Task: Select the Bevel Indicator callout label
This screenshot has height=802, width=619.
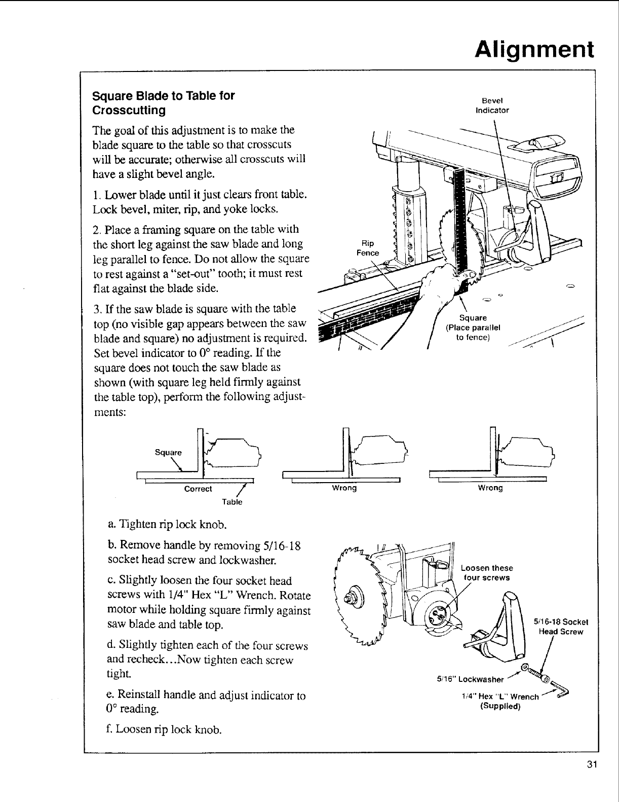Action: point(492,105)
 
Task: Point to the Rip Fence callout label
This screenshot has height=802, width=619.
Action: point(368,248)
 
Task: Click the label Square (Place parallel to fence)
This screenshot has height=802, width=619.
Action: point(473,327)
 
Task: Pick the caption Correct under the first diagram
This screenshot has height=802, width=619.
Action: point(198,489)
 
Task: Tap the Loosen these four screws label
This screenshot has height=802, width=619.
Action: point(486,572)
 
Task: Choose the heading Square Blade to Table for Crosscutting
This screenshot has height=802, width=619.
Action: point(163,102)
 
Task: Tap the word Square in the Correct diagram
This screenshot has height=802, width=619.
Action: point(168,452)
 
